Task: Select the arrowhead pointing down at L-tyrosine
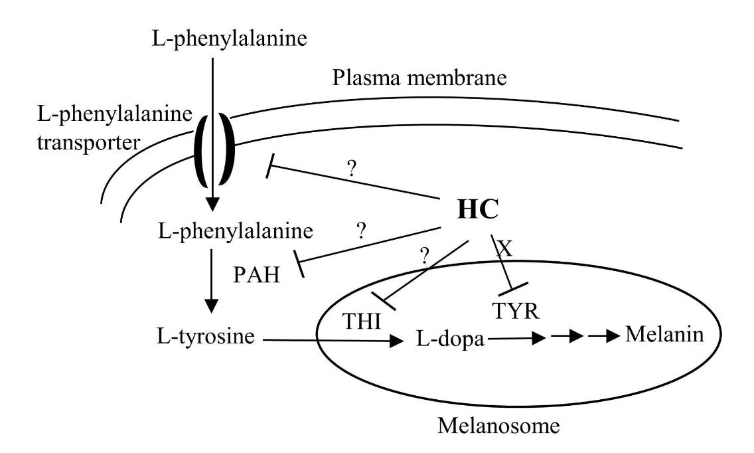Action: click(x=211, y=306)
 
